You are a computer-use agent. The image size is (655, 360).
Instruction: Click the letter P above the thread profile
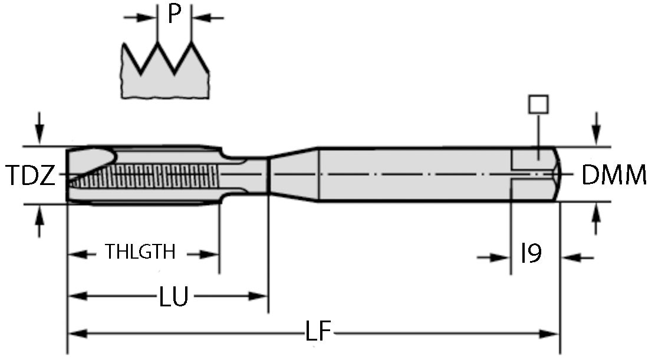(x=174, y=14)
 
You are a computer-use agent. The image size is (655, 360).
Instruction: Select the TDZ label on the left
(x=31, y=176)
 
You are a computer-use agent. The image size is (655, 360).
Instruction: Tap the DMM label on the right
(x=614, y=176)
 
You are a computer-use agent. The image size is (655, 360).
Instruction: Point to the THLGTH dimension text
(x=140, y=253)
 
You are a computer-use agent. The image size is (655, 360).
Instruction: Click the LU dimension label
(x=173, y=297)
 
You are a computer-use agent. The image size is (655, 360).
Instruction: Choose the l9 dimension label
(x=531, y=254)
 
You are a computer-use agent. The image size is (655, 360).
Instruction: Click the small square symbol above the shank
(x=538, y=104)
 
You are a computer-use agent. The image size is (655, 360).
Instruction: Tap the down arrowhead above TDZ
(x=40, y=137)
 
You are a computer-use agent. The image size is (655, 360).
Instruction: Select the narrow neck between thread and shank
(x=245, y=174)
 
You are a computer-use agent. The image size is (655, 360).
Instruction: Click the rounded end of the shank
(x=557, y=174)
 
